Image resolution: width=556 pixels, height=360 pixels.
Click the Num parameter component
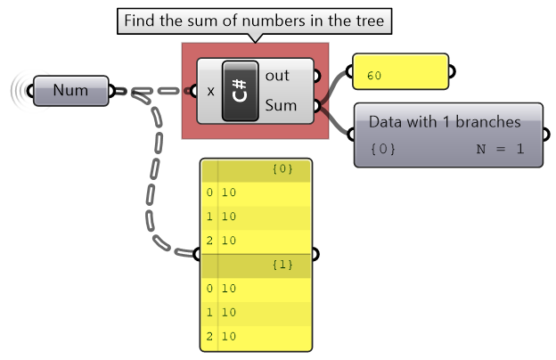coord(70,91)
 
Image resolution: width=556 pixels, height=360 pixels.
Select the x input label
coord(210,91)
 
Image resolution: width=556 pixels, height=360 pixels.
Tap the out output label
coord(277,76)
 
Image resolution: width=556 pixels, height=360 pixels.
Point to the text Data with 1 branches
coord(445,122)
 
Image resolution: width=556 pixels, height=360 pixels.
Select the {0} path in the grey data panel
coord(382,149)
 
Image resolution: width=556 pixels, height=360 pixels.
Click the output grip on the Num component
coord(113,91)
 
